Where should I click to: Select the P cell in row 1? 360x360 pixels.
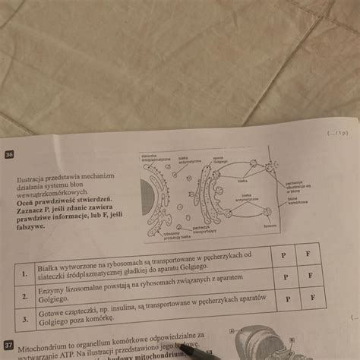click(x=283, y=256)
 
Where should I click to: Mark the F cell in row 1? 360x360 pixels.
click(x=308, y=254)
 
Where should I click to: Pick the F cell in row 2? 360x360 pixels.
click(x=309, y=275)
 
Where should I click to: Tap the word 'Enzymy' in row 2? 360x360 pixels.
click(x=52, y=291)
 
